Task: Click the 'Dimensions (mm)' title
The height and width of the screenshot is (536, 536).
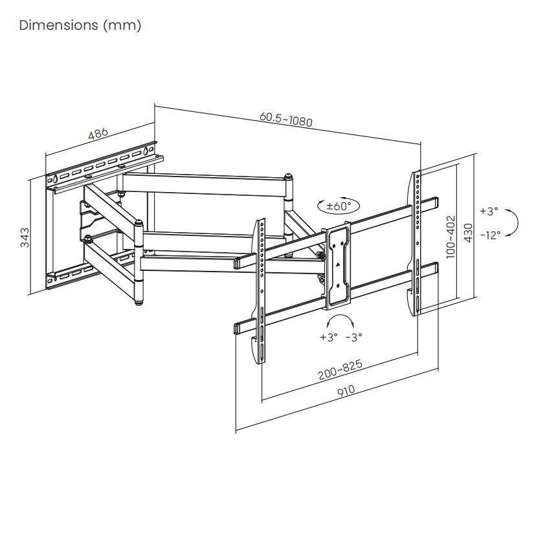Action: pos(80,25)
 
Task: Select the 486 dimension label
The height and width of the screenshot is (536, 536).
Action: pos(98,134)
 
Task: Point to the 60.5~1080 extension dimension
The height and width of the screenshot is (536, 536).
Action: pos(285,119)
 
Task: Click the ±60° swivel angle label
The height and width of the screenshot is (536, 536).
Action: pos(339,206)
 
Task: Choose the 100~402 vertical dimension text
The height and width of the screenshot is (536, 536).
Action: pos(451,237)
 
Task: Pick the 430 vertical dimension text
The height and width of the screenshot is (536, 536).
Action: pos(468,233)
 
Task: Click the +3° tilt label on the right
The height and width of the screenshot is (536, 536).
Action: pos(489,211)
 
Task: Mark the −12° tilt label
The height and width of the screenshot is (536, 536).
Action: pos(489,235)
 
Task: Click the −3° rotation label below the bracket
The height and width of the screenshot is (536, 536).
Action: pos(353,337)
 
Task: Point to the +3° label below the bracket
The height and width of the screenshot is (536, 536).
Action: pos(329,337)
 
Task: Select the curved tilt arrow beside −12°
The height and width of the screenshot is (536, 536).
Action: pos(512,223)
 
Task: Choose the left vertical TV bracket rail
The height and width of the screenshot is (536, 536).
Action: pos(262,291)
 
